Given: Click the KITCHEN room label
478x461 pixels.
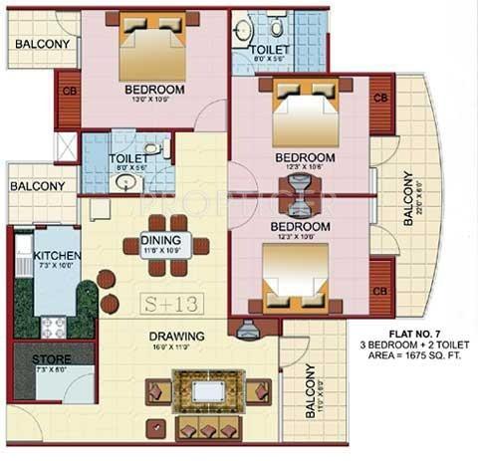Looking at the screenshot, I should coord(57,255).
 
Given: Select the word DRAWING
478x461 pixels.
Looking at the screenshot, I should coord(177,336).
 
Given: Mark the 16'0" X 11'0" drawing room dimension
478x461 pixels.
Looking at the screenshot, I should coord(177,347).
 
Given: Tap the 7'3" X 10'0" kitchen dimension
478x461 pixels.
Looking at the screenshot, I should coord(57,267).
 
